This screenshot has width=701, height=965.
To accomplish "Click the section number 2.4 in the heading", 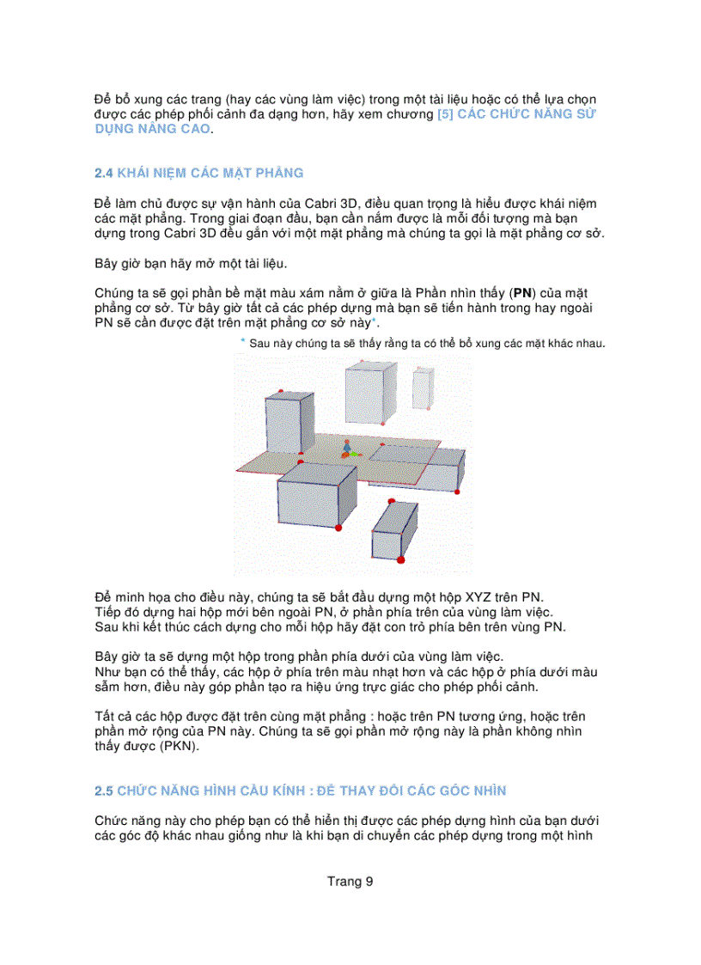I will tap(104, 173).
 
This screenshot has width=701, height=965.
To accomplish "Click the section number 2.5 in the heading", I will tap(104, 790).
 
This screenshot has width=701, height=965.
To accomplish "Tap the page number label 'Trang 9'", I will tap(350, 881).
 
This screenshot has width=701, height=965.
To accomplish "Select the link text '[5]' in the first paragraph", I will tap(445, 114).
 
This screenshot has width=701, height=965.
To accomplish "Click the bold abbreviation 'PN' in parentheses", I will tap(522, 294).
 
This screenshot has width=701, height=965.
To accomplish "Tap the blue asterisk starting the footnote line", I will tap(242, 342).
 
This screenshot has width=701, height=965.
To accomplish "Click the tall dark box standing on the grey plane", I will tap(283, 424).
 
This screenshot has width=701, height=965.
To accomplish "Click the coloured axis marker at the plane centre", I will tap(347, 449).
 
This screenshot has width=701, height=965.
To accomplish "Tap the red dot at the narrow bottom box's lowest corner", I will tap(400, 559).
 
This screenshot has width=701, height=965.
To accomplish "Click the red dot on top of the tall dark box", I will tap(281, 391).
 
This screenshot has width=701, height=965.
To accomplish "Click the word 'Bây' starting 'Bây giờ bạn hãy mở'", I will tap(107, 264).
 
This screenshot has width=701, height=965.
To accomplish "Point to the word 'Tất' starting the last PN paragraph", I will tap(105, 716).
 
